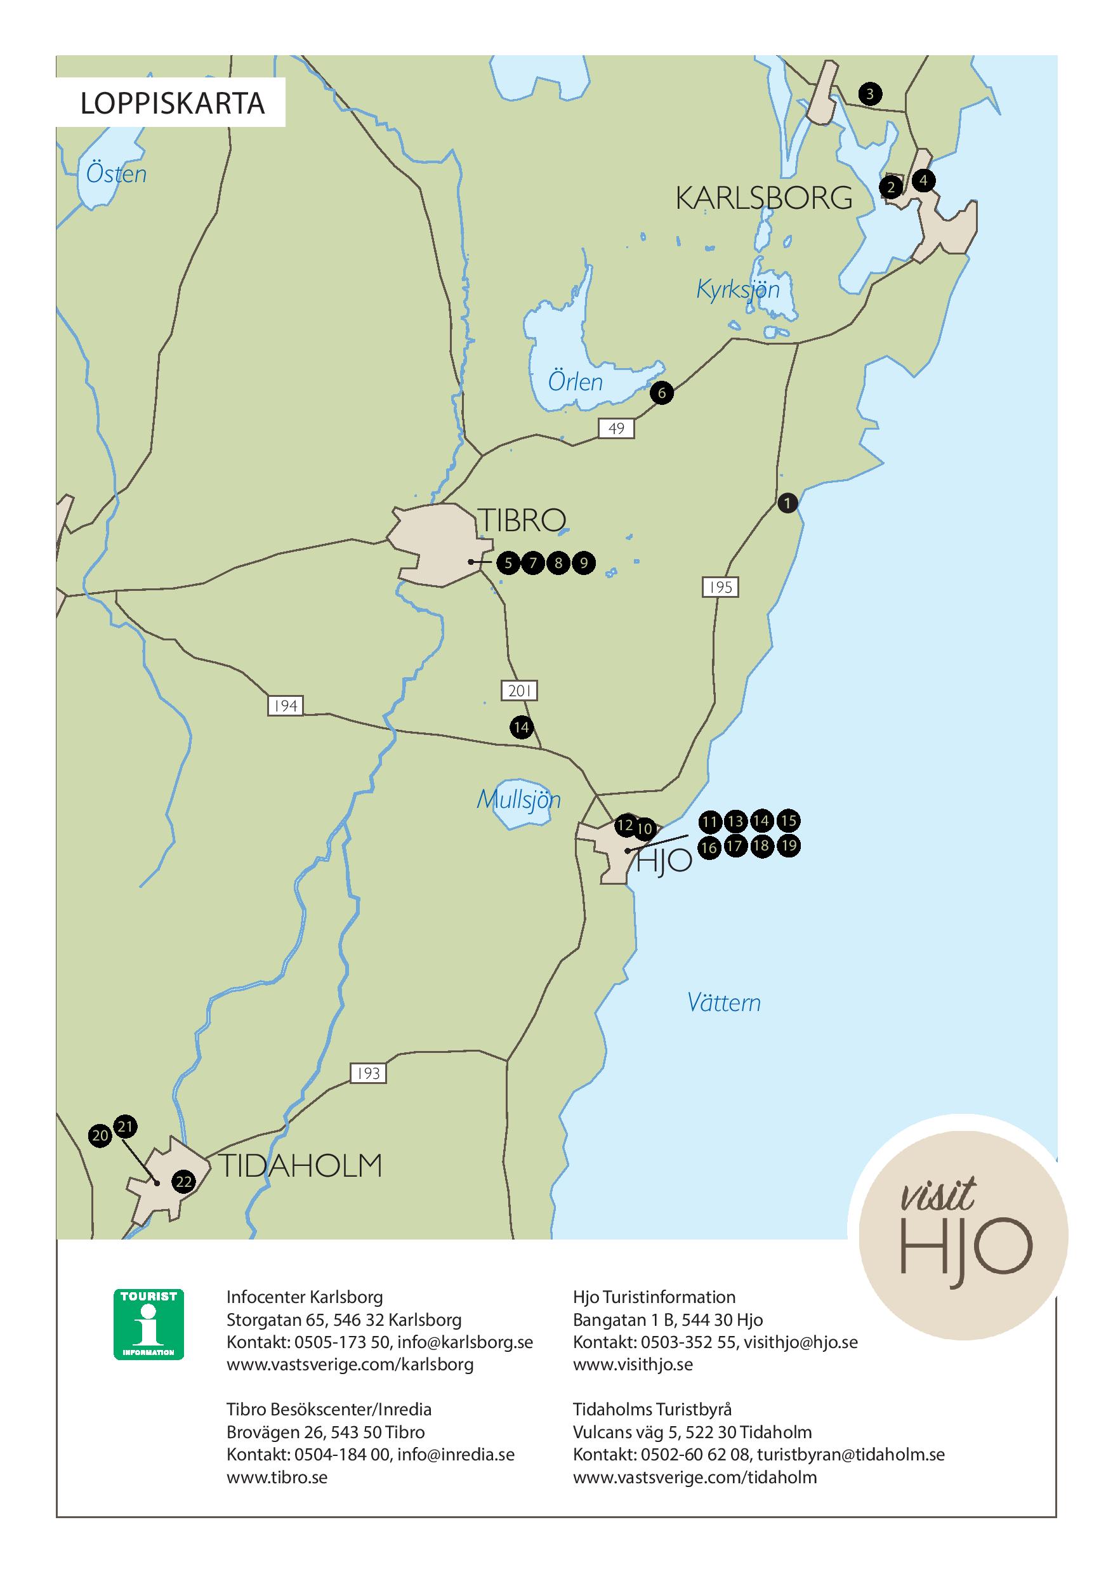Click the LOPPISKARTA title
(x=172, y=103)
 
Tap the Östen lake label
(x=117, y=174)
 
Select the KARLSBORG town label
(x=763, y=198)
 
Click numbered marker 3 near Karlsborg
(x=870, y=94)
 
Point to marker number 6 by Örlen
(x=661, y=393)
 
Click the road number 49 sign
(x=616, y=428)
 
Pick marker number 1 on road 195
(x=787, y=503)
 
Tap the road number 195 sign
(x=720, y=587)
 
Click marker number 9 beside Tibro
(x=583, y=564)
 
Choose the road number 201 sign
(x=520, y=691)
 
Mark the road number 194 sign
(x=285, y=705)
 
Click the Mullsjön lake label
(x=519, y=799)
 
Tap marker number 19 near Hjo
(x=789, y=845)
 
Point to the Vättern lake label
(x=724, y=1003)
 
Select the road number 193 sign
(x=368, y=1073)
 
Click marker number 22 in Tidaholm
(x=183, y=1182)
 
